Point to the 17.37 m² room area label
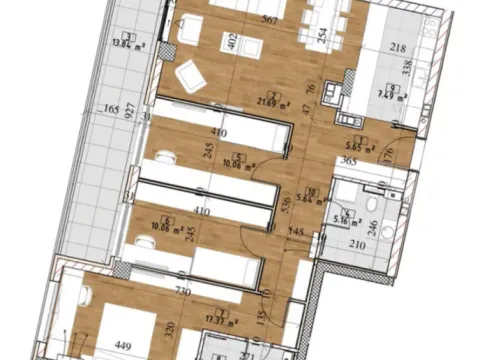click(228, 322)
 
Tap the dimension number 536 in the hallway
click(286, 207)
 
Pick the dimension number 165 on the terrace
click(112, 109)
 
